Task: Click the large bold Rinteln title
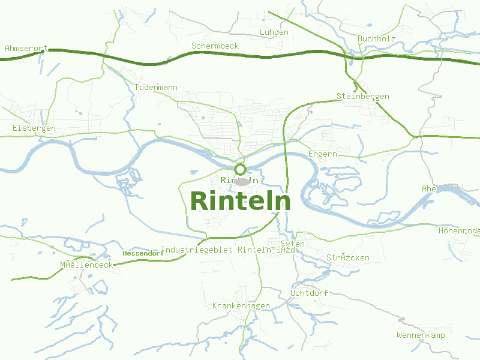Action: pyautogui.click(x=240, y=201)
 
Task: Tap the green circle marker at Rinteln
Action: pyautogui.click(x=240, y=169)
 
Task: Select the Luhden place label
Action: pyautogui.click(x=274, y=32)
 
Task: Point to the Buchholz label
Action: pyautogui.click(x=376, y=38)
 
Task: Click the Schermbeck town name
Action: pyautogui.click(x=215, y=46)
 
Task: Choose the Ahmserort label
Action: pyautogui.click(x=26, y=47)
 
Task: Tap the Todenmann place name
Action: pyautogui.click(x=156, y=87)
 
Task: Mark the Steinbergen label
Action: pyautogui.click(x=362, y=96)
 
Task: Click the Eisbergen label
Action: pyautogui.click(x=34, y=128)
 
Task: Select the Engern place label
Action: pyautogui.click(x=322, y=154)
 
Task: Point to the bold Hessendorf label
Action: pyautogui.click(x=143, y=253)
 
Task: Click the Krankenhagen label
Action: pyautogui.click(x=241, y=305)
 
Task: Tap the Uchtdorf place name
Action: pyautogui.click(x=308, y=293)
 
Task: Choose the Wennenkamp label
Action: pyautogui.click(x=421, y=335)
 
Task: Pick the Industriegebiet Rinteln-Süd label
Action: pyautogui.click(x=228, y=249)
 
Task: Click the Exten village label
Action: pyautogui.click(x=293, y=244)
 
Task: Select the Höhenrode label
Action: pyautogui.click(x=459, y=230)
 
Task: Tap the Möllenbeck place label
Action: pyautogui.click(x=86, y=265)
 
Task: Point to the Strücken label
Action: pyautogui.click(x=347, y=257)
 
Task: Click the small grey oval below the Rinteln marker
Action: pyautogui.click(x=241, y=181)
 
